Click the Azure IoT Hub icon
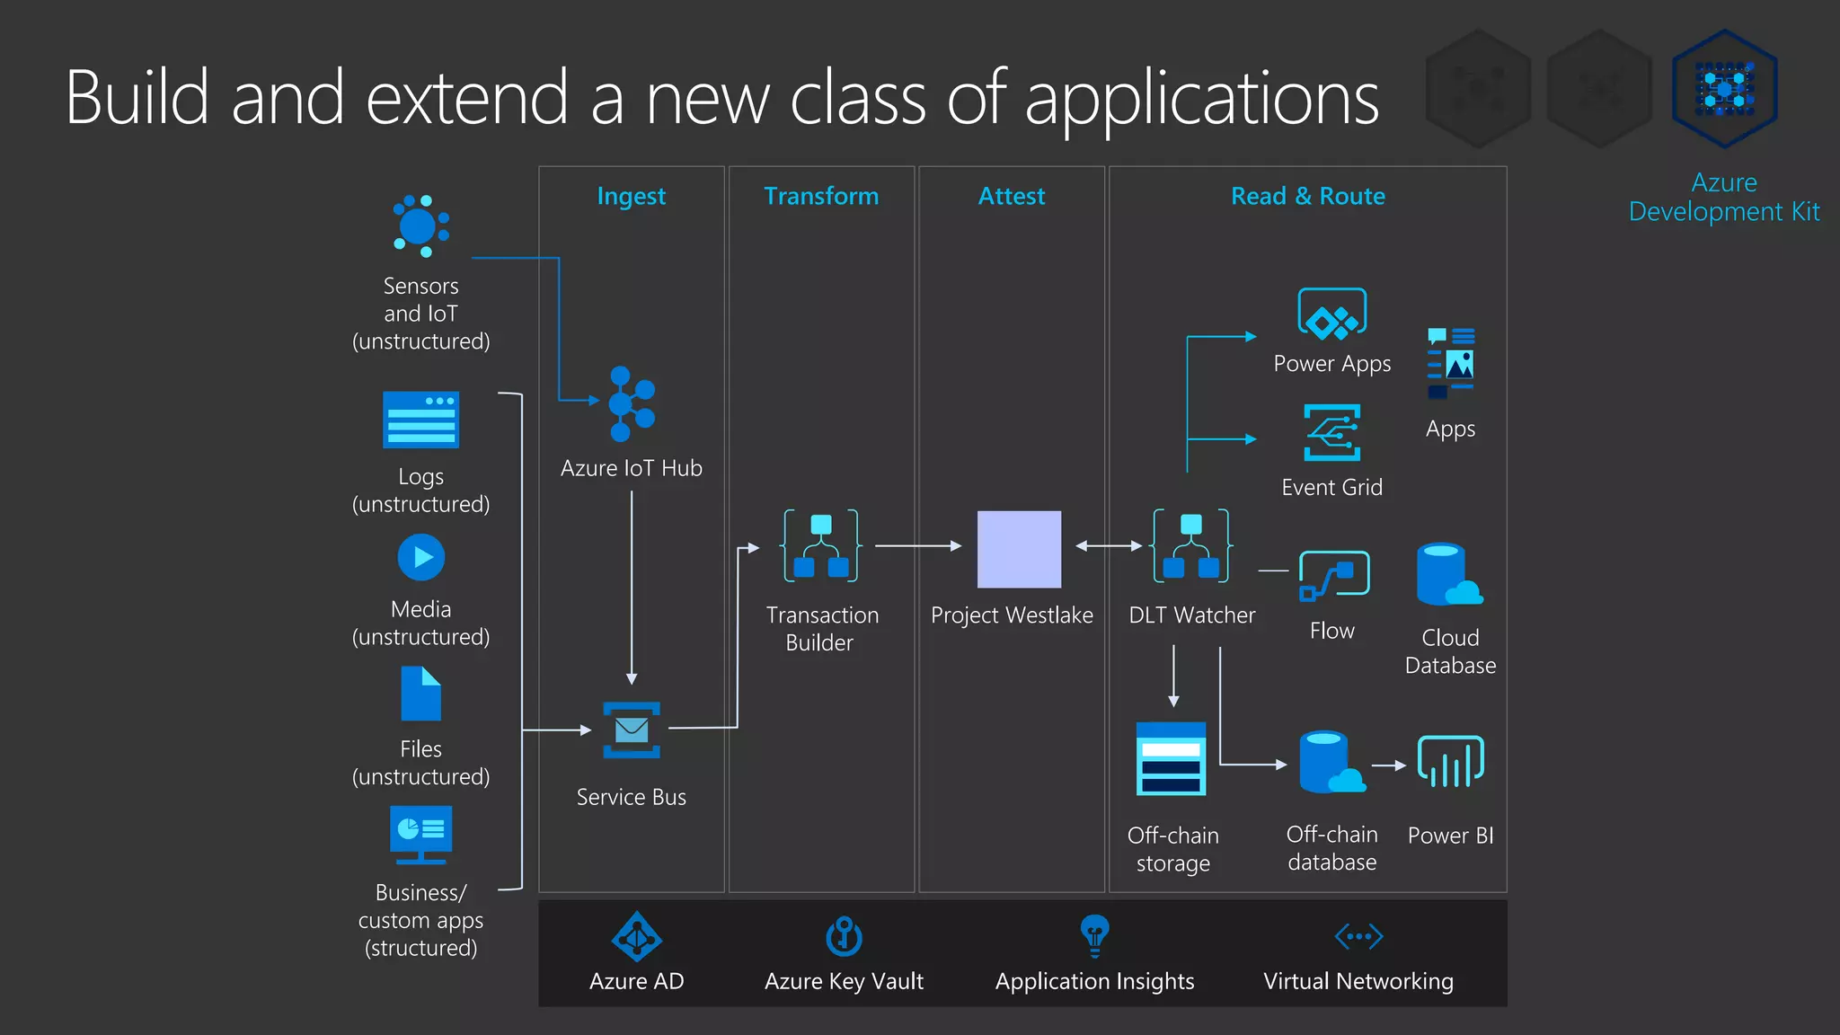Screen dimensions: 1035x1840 pos(632,404)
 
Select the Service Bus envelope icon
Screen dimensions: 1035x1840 pos(632,730)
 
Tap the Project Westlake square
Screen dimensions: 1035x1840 pos(1019,549)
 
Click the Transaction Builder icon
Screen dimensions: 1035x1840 pos(821,545)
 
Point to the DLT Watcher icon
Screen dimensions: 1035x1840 pos(1191,545)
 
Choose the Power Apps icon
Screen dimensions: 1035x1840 pos(1331,314)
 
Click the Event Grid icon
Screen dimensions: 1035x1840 pos(1331,432)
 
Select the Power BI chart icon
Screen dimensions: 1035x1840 pos(1450,762)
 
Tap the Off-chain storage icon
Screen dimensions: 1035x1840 pos(1171,759)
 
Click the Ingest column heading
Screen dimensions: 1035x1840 pos(631,196)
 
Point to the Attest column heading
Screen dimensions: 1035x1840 pos(1012,196)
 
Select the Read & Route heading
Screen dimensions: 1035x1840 pos(1307,196)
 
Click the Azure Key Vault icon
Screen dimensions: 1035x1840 pos(844,936)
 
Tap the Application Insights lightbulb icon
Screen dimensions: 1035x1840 pos(1094,935)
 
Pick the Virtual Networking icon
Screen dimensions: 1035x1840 pos(1358,936)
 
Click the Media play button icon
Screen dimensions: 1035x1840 pos(420,557)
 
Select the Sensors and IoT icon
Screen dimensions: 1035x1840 pos(420,226)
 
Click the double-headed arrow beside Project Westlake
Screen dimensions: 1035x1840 pos(1108,545)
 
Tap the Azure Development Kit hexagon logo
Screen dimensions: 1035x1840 pos(1724,89)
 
